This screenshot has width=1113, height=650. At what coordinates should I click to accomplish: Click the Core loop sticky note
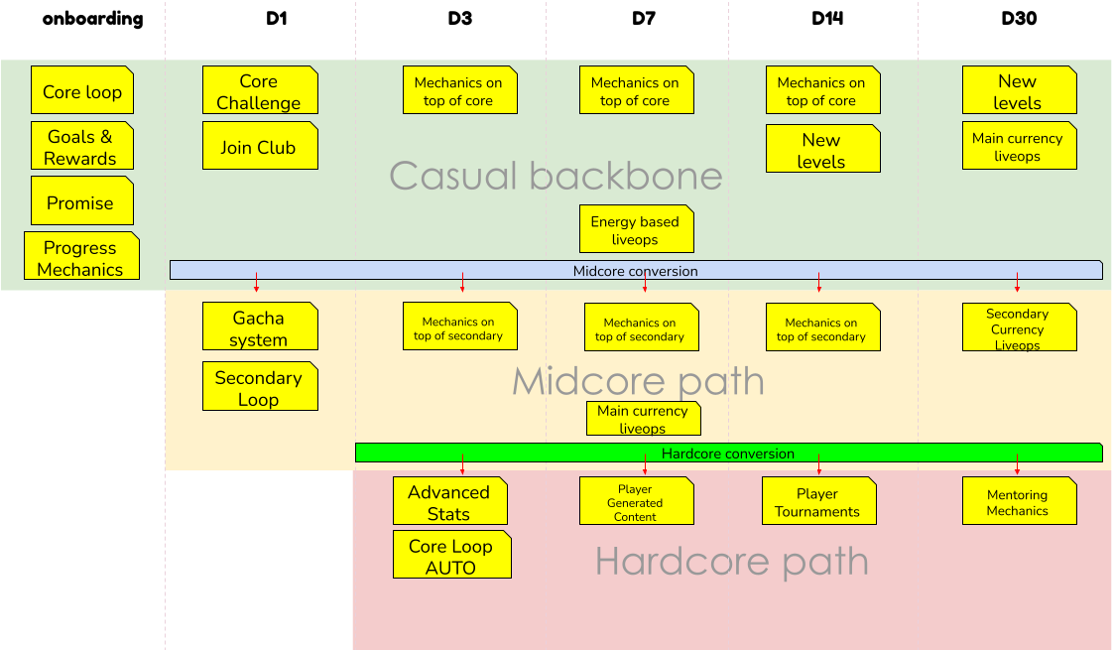81,91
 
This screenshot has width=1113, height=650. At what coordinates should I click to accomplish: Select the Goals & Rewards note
81,147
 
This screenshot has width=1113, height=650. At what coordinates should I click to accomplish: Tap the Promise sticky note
81,201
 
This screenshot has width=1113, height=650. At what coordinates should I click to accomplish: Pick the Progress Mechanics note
81,258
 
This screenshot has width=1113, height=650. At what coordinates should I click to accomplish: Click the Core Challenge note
259,91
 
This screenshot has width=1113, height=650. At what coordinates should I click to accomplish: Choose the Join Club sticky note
259,147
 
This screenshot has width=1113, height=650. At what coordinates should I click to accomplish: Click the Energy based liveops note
636,230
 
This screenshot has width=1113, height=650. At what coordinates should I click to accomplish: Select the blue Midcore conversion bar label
636,271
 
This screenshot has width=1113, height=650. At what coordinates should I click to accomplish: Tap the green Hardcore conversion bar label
728,454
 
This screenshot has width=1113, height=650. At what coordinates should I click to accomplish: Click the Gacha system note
259,327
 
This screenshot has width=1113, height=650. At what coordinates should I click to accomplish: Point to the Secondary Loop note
259,387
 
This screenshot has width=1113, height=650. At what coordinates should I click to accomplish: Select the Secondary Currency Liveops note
1019,327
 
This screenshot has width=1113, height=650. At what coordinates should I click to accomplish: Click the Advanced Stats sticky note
449,502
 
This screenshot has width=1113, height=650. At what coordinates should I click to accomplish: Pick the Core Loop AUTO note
451,556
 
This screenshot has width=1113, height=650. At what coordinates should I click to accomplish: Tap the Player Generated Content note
636,502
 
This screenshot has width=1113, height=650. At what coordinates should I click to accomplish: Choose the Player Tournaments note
817,502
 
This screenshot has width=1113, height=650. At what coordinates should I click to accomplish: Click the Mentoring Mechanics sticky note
1019,502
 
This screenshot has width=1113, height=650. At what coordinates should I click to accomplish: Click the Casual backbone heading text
556,176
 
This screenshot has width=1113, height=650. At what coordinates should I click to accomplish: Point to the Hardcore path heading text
731,562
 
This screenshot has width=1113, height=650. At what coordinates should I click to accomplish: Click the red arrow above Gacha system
256,282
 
